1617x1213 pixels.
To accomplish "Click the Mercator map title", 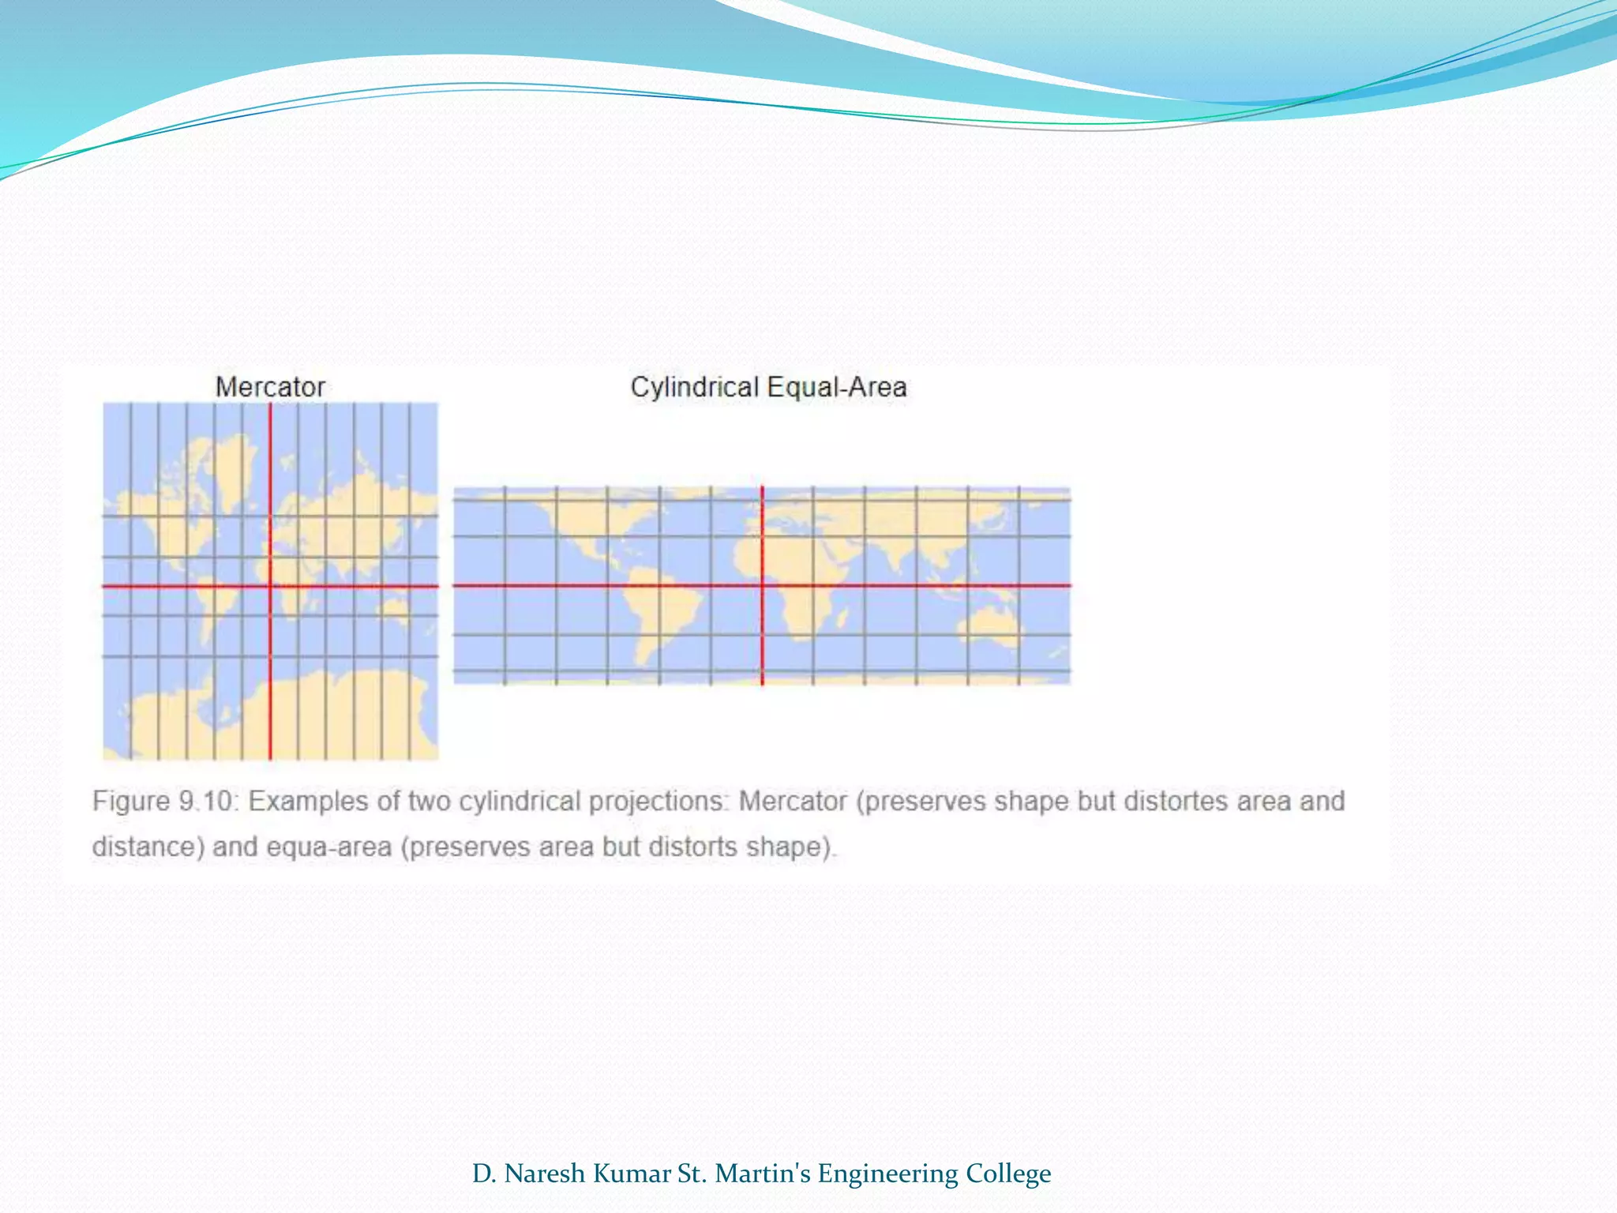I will click(270, 387).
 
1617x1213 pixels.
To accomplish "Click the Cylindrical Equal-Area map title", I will click(767, 387).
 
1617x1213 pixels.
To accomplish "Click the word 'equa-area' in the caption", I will click(328, 847).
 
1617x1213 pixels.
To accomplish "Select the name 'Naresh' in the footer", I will click(545, 1174).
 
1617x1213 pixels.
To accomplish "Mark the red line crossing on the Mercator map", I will click(270, 586).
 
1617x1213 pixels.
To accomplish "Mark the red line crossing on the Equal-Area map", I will click(762, 585).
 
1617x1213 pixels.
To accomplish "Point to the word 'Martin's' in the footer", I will click(762, 1174).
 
